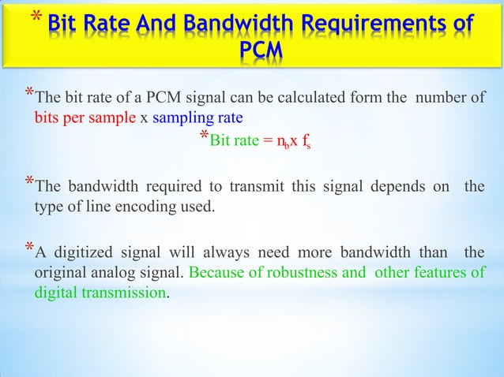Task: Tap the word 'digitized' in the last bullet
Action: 83,254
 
